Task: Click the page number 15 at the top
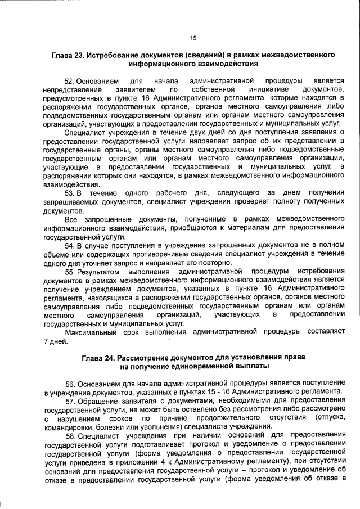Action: pyautogui.click(x=193, y=38)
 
